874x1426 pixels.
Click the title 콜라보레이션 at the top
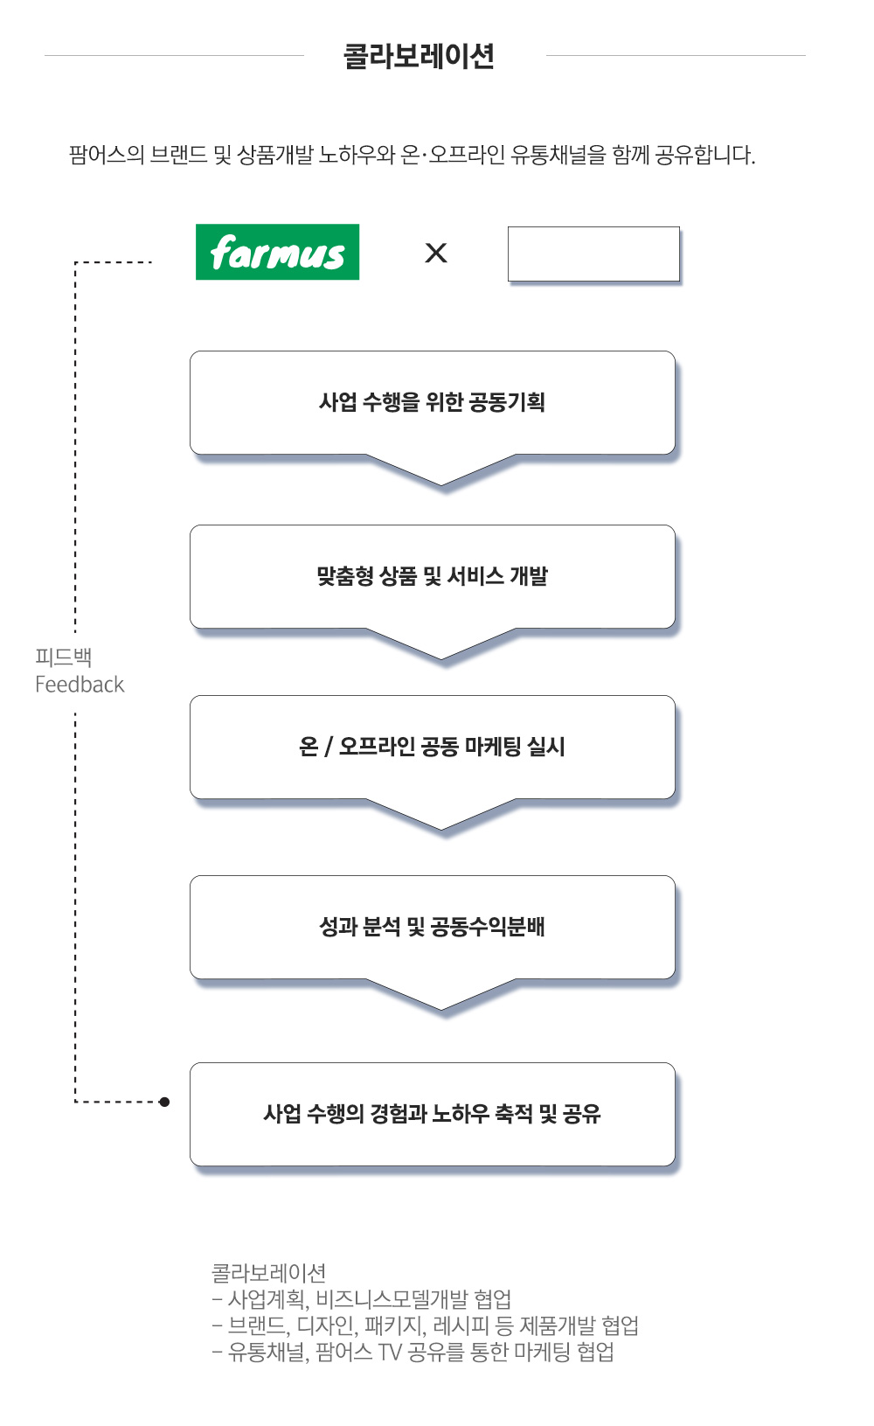click(x=420, y=57)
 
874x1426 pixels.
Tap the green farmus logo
click(x=277, y=252)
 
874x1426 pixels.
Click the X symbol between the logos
click(x=435, y=253)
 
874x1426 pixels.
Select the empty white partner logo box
click(x=593, y=254)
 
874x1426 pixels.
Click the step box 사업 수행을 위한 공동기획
click(x=432, y=402)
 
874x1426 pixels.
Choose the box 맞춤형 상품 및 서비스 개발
click(x=432, y=576)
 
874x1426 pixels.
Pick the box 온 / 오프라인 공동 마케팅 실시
click(x=432, y=747)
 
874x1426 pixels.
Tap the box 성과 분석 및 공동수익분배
click(x=432, y=927)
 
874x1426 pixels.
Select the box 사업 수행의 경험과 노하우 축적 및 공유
click(x=432, y=1114)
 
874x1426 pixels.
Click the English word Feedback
click(x=80, y=685)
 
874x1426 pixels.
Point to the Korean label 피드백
click(x=63, y=657)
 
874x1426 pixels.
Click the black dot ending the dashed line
click(x=164, y=1102)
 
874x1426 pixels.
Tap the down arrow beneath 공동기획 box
click(x=441, y=472)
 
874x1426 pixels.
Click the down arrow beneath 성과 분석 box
click(x=441, y=997)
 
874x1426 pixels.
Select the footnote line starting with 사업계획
click(x=362, y=1299)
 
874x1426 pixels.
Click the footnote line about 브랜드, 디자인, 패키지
click(x=425, y=1325)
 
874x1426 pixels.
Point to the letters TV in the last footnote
click(x=390, y=1353)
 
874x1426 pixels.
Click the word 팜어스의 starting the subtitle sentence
click(x=106, y=156)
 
